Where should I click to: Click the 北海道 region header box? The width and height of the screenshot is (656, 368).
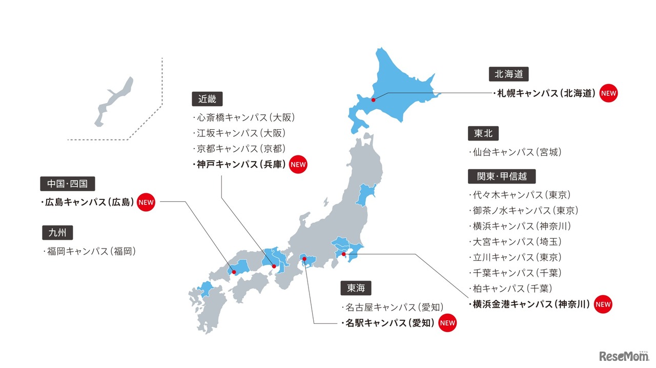(x=508, y=74)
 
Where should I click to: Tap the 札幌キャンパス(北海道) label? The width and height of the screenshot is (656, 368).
(x=545, y=93)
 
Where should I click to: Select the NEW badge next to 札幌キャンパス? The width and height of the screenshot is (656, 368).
(x=608, y=93)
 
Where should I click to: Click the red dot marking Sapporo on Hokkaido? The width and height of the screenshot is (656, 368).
(x=373, y=100)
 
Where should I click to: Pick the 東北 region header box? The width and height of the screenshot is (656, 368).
(x=483, y=133)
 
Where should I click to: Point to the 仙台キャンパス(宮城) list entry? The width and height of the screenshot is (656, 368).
(x=515, y=152)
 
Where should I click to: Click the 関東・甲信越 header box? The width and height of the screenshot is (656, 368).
(x=502, y=176)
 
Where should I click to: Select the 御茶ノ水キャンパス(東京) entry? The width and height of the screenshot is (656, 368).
(x=523, y=211)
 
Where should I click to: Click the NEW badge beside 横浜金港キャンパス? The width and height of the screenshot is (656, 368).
(x=603, y=304)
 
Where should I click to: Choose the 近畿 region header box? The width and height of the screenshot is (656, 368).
(x=207, y=99)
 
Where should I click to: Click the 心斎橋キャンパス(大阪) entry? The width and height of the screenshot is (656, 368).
(x=244, y=117)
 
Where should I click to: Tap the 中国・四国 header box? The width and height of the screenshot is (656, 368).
(x=68, y=183)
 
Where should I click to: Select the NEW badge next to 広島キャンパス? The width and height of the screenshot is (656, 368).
(x=146, y=202)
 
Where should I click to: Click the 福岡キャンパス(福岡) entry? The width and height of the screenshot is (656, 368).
(x=90, y=252)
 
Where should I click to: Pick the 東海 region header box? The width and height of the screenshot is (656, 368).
(x=356, y=289)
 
